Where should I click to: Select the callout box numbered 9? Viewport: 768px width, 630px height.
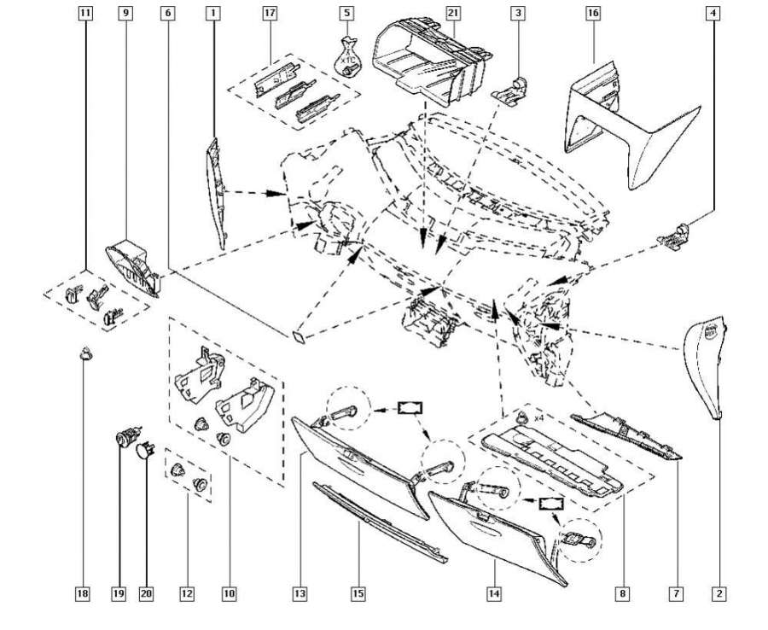(x=126, y=13)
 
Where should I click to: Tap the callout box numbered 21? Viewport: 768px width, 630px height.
(x=453, y=13)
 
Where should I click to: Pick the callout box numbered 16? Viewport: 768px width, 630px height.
(x=593, y=13)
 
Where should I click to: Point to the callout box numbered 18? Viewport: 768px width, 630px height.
(x=84, y=592)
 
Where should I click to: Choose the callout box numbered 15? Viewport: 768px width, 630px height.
(x=359, y=592)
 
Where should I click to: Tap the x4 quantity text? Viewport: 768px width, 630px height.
(x=538, y=418)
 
